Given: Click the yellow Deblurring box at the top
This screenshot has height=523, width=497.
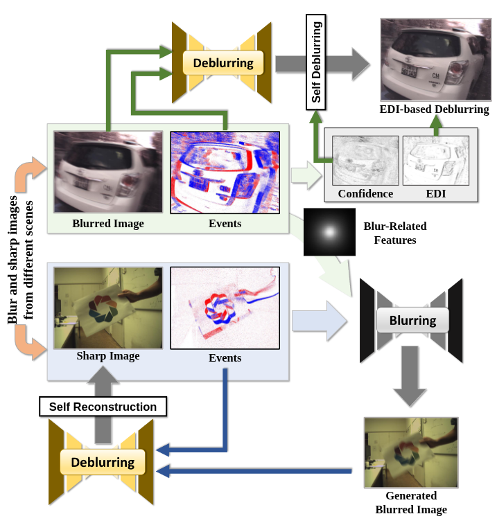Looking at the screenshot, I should pos(223,63).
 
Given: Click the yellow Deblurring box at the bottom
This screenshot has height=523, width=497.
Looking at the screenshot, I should pos(103,462).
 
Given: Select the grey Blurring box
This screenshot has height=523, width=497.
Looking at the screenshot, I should pos(412,321).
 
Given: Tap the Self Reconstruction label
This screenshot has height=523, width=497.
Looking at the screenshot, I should pos(103,407).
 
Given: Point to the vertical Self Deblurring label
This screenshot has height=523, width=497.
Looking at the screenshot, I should pos(316,62).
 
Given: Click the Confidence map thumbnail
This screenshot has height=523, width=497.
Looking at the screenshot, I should pos(365,160).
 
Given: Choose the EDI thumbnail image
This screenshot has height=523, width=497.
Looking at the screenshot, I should pos(436,160).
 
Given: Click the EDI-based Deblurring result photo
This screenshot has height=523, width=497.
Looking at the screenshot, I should pos(434,60).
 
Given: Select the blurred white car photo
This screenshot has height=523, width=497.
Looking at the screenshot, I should pos(108,172).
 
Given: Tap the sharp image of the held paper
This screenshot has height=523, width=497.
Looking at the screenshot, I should pos(108,308).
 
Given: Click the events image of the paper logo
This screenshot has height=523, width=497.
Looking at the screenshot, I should pos(225,308).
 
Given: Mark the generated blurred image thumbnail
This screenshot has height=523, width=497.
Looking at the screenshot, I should pos(410,452).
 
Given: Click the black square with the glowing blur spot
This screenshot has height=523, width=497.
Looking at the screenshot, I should pos(329,231).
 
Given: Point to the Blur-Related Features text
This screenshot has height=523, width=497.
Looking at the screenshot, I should pos(395,233).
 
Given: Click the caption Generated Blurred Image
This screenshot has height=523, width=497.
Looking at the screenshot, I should pos(411,502).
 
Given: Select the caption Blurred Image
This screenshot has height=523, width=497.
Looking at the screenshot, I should pos(108,223).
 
